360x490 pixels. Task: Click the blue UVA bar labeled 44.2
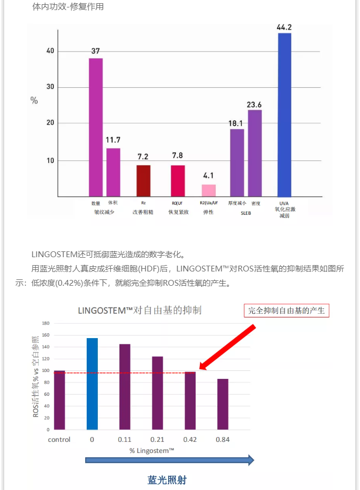(x=284, y=114)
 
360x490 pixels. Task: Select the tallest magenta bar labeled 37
(x=96, y=127)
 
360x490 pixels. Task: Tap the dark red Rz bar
(x=143, y=180)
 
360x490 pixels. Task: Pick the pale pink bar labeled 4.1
(x=209, y=190)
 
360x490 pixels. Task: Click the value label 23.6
(x=254, y=105)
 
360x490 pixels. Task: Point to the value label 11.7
(x=113, y=140)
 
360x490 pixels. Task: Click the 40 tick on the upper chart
(x=50, y=51)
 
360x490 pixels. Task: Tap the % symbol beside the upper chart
(x=34, y=101)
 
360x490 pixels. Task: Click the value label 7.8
(x=178, y=155)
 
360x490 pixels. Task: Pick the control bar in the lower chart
(x=59, y=400)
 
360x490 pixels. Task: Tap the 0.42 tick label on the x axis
(x=190, y=440)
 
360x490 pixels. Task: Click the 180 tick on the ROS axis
(x=45, y=323)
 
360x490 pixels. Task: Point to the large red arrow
(x=227, y=347)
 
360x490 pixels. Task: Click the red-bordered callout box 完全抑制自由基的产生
(x=286, y=311)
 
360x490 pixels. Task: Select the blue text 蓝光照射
(x=167, y=480)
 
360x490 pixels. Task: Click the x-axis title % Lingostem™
(x=152, y=450)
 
